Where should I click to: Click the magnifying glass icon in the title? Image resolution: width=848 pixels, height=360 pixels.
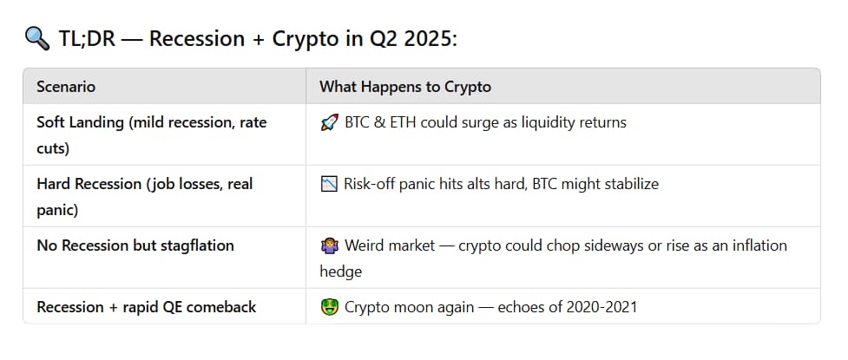(36, 40)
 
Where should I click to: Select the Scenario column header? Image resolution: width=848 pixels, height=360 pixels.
(66, 87)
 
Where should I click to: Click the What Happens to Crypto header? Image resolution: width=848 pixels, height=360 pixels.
(404, 87)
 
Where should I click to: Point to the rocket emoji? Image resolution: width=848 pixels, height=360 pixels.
(328, 123)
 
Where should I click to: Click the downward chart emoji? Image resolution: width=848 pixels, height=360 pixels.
(329, 184)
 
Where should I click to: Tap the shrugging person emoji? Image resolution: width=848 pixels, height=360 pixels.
(328, 246)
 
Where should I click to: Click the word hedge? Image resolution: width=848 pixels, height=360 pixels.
(341, 272)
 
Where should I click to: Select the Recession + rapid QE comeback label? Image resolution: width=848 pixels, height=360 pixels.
(146, 306)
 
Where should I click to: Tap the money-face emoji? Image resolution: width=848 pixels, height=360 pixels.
(328, 307)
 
